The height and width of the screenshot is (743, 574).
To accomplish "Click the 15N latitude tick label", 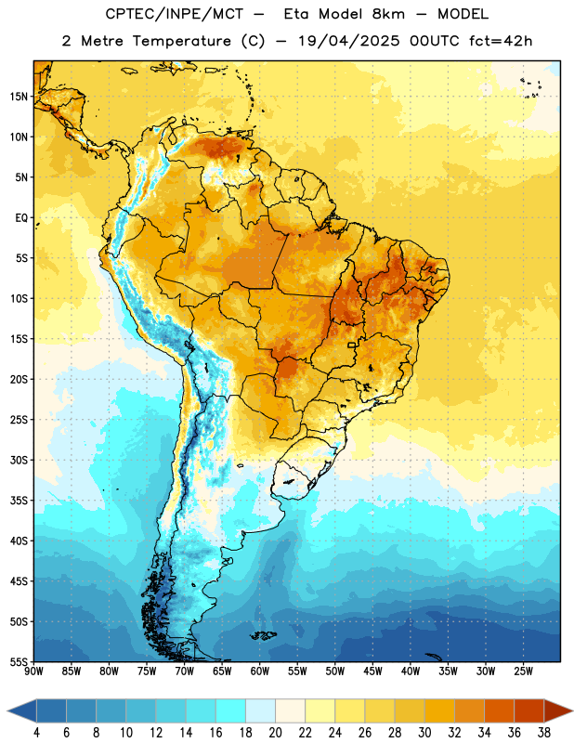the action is (x=19, y=97).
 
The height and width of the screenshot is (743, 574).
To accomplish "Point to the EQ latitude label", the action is (x=21, y=218).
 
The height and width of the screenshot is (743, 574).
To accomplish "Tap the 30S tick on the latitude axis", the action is (x=19, y=460).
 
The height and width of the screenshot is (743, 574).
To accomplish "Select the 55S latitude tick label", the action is (x=19, y=662).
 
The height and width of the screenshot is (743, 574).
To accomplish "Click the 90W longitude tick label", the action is (x=33, y=671).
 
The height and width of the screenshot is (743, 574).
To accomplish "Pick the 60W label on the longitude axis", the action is (x=260, y=671).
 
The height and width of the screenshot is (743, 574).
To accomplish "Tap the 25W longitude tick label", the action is (x=523, y=671).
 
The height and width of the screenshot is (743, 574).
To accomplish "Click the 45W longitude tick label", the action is (x=373, y=671).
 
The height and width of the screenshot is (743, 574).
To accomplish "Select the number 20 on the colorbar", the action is (x=275, y=733).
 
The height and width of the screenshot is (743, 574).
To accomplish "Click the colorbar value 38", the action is (x=544, y=733).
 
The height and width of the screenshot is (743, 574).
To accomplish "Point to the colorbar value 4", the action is (x=36, y=733).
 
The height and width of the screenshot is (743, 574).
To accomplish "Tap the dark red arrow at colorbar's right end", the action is (x=557, y=710).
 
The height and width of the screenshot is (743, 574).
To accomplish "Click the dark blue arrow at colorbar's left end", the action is (x=22, y=710).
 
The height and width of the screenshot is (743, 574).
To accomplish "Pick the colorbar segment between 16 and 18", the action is (x=231, y=710).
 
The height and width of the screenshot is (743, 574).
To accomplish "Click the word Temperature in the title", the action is (x=181, y=41).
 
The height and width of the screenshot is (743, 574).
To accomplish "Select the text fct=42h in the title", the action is (x=501, y=41).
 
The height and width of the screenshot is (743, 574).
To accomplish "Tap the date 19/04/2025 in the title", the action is (x=349, y=41).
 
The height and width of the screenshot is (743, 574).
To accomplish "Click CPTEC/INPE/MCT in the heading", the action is (x=174, y=14).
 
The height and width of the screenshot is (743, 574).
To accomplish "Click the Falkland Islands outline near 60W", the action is (x=263, y=635).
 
